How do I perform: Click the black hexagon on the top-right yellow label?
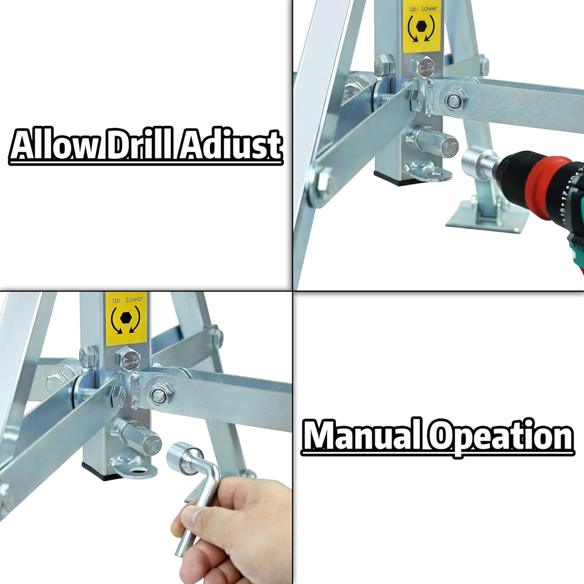pos(421,26)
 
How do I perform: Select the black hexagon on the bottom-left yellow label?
pos(125,318)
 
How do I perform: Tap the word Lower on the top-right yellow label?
pos(429,9)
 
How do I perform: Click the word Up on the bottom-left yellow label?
pos(116,300)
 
